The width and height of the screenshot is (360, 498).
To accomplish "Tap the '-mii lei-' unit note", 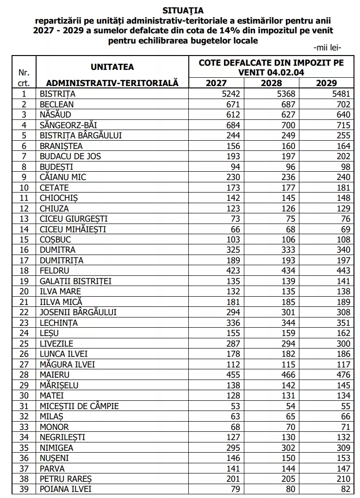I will click(x=327, y=48).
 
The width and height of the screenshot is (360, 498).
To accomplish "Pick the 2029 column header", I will click(x=326, y=83).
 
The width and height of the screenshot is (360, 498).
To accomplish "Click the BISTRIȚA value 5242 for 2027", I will click(x=230, y=93).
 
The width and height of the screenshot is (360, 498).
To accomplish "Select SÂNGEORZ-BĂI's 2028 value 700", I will click(x=288, y=124).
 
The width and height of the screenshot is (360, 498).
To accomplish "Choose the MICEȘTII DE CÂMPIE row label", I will click(x=79, y=406).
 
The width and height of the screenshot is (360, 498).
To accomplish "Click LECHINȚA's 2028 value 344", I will click(x=288, y=323).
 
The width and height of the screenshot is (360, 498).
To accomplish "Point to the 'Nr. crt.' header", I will click(x=24, y=77).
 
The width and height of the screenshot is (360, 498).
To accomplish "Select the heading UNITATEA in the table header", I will click(x=112, y=67).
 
